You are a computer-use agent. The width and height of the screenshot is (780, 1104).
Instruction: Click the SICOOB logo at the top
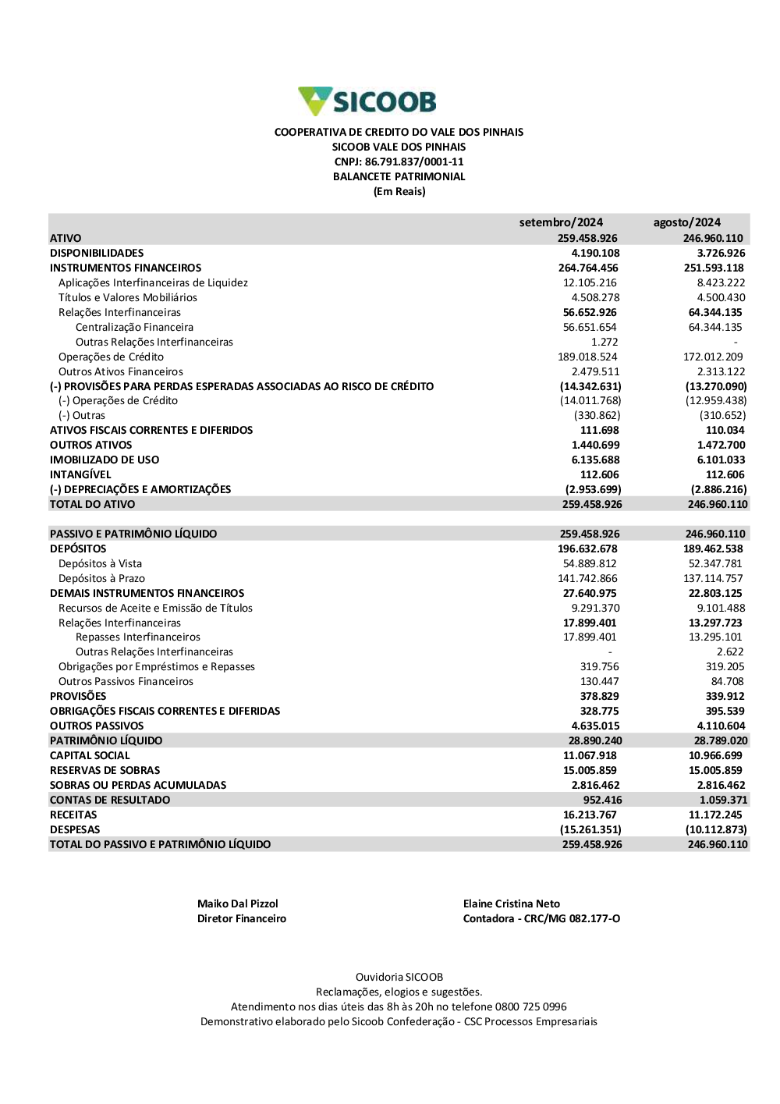(367, 101)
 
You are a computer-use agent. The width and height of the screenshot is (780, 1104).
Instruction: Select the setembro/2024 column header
(561, 222)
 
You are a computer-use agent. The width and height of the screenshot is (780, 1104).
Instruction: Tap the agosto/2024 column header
(686, 222)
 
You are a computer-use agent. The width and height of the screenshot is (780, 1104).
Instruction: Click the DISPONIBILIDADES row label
(97, 253)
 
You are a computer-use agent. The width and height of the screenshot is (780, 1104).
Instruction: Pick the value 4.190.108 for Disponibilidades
(595, 253)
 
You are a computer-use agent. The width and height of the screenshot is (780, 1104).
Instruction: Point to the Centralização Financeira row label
(134, 327)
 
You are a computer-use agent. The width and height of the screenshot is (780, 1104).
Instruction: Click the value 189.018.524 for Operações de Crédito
(587, 357)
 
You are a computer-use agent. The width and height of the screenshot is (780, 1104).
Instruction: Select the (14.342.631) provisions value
(590, 386)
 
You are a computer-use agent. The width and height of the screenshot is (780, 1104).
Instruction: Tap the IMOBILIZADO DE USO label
(105, 460)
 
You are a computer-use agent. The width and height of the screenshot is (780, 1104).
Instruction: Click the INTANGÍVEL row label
(80, 474)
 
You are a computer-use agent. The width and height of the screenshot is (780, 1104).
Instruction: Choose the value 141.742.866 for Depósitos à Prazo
(587, 578)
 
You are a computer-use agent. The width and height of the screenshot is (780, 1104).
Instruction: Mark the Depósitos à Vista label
(100, 563)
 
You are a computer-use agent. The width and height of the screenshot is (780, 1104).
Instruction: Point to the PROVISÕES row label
(78, 696)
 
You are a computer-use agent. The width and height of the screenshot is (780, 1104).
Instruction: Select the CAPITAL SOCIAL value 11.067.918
(590, 755)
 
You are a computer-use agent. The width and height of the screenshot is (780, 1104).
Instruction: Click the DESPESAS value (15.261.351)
(590, 829)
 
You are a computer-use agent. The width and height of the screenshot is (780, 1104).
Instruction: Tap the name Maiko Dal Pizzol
(237, 903)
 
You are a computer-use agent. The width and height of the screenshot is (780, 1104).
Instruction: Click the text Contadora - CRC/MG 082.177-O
(541, 918)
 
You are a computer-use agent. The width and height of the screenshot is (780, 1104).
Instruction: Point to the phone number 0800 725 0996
(530, 1006)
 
